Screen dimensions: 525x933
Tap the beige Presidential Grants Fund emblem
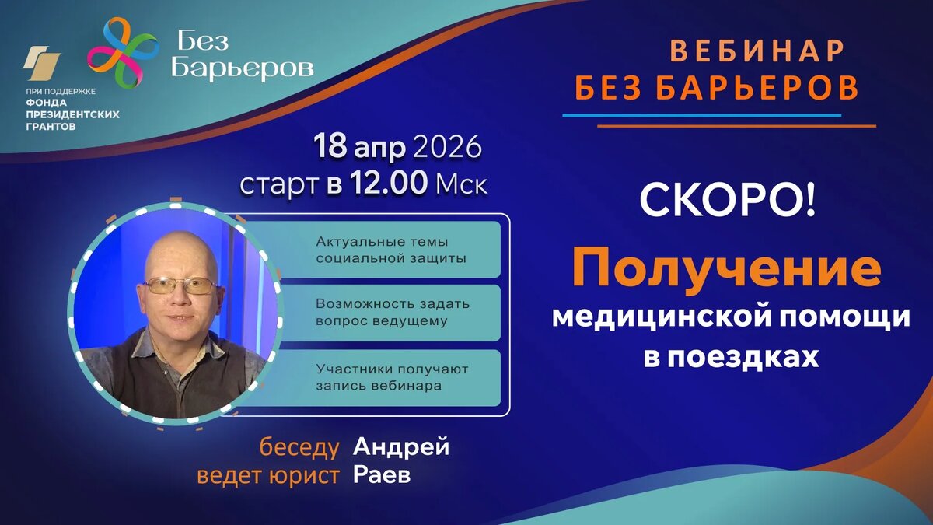click(41, 62)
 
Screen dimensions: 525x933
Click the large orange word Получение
click(727, 267)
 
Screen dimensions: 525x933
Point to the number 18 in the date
click(330, 146)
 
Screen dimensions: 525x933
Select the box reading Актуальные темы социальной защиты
click(392, 250)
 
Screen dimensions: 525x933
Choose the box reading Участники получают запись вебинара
click(392, 377)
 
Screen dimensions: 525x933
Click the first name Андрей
click(401, 446)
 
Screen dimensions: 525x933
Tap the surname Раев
click(382, 474)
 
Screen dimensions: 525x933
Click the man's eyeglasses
click(180, 286)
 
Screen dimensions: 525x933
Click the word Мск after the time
click(461, 185)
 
